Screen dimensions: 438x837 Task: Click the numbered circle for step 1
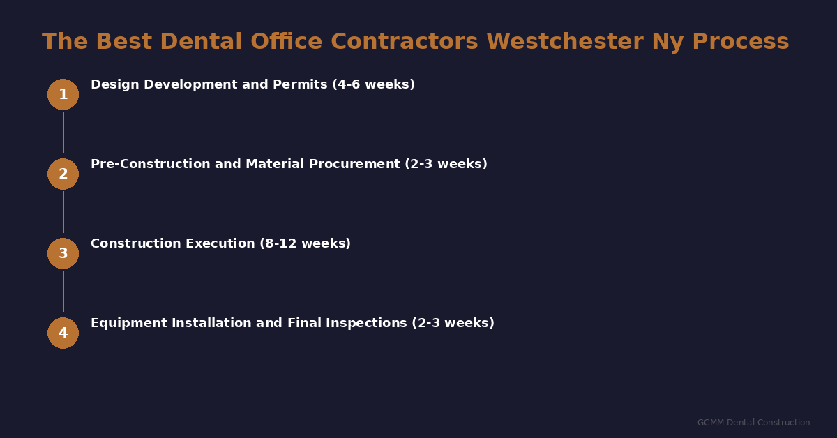(63, 94)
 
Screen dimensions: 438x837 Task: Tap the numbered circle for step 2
(63, 174)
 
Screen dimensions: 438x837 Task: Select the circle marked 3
(63, 253)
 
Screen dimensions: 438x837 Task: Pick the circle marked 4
(63, 333)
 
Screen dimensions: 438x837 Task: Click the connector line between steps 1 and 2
(63, 133)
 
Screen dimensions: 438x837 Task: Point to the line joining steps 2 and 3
(63, 212)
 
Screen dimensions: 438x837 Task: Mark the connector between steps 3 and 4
(63, 292)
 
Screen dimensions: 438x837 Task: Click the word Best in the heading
(122, 42)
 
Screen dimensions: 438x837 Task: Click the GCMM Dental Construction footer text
(753, 423)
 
